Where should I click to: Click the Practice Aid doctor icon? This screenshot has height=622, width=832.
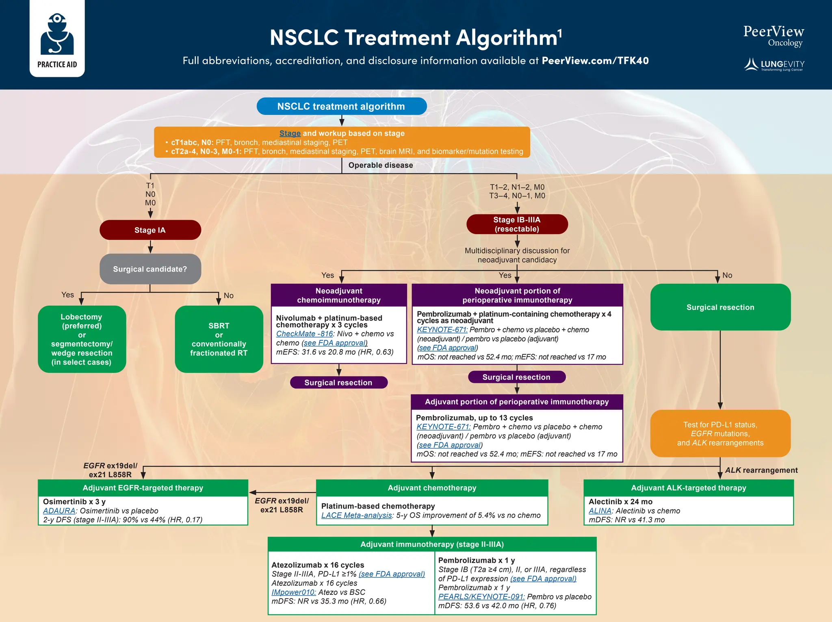point(57,34)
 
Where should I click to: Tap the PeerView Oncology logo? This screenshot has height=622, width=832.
point(773,36)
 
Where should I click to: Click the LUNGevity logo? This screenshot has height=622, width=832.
point(774,65)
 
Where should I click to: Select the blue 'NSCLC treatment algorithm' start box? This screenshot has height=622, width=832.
point(341,106)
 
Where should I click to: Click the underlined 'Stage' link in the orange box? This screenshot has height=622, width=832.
point(290,133)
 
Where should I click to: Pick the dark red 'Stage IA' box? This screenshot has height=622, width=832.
point(150,230)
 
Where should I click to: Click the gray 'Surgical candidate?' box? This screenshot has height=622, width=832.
point(150,269)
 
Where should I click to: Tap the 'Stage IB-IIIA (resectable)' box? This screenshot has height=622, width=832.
point(517,224)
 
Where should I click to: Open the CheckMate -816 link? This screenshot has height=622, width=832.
point(304,334)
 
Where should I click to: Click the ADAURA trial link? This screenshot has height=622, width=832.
point(59,511)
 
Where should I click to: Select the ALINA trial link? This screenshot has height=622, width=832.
point(600,511)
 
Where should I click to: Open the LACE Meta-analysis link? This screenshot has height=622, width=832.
point(356,515)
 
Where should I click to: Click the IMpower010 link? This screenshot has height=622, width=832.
point(293,592)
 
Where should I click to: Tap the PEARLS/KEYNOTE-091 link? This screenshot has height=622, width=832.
point(481,597)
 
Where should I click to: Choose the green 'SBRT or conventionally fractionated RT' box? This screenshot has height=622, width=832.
point(219,339)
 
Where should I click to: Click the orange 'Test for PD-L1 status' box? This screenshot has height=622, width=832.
point(720,433)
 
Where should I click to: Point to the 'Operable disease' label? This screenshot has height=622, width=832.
point(380,165)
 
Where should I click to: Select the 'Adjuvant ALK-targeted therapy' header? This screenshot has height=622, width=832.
point(688,488)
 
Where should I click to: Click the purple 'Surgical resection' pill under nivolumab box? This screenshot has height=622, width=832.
point(338,383)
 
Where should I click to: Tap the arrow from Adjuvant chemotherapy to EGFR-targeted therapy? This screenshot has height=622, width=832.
point(282,493)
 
